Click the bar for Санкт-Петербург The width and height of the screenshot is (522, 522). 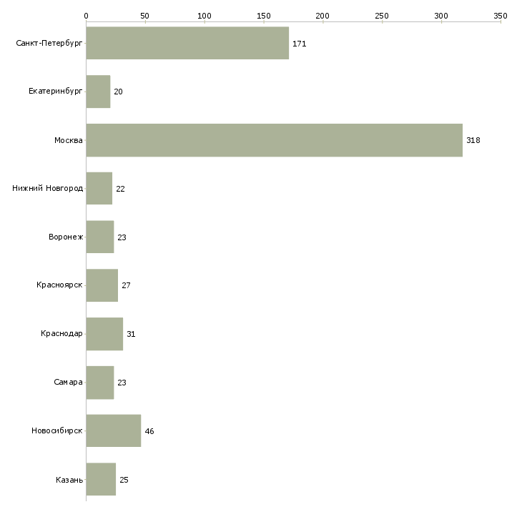(x=187, y=43)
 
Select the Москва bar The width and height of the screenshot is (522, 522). (x=274, y=140)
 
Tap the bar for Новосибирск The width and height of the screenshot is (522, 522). (x=113, y=430)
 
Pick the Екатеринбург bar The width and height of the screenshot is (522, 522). (x=98, y=92)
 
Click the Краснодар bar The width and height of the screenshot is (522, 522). (x=104, y=334)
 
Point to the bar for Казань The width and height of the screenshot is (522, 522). (x=101, y=479)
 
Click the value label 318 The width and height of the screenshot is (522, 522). (x=473, y=140)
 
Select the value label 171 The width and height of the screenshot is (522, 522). (x=299, y=44)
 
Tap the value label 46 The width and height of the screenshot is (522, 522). (x=149, y=431)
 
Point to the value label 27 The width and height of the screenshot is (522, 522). (x=126, y=285)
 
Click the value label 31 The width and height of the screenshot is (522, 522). (x=131, y=334)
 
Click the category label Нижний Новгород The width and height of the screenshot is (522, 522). (x=48, y=189)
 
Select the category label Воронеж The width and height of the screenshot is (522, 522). (x=66, y=237)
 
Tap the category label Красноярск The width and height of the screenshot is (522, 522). (x=60, y=285)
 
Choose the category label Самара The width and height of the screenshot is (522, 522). (x=68, y=383)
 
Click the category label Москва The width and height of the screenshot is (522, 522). (x=69, y=140)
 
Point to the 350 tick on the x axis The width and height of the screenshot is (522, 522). (x=501, y=14)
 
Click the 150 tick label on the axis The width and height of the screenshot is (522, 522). (x=264, y=14)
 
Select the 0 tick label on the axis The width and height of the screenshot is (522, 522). (x=86, y=14)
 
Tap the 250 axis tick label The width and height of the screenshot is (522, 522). (x=382, y=14)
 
